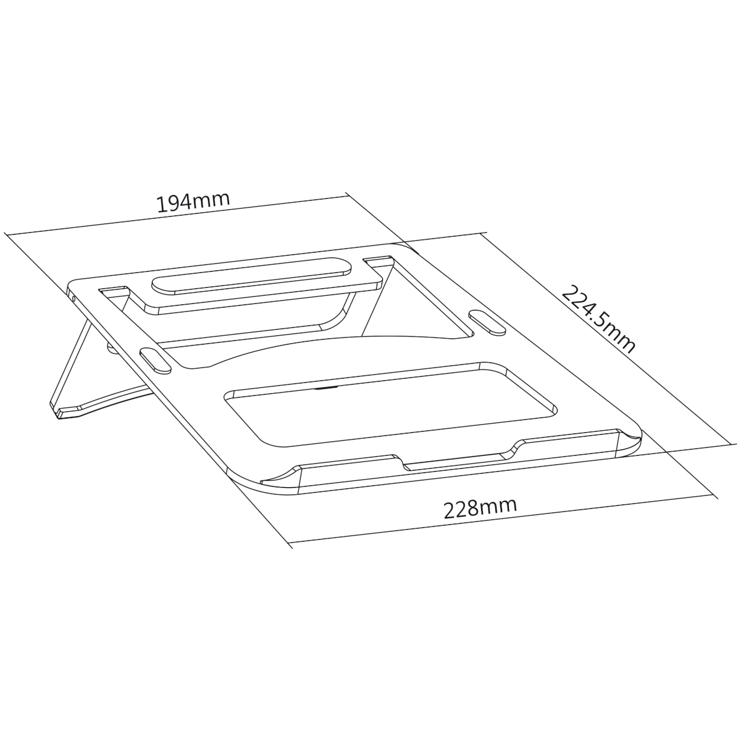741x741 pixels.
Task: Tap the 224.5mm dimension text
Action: pos(598,319)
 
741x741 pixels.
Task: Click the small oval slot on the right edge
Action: pos(487,322)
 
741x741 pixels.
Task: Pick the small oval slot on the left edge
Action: pos(156,360)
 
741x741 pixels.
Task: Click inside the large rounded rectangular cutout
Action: pos(388,404)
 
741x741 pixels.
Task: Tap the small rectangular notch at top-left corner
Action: pos(114,290)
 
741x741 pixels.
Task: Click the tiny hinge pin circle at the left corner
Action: pos(73,298)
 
